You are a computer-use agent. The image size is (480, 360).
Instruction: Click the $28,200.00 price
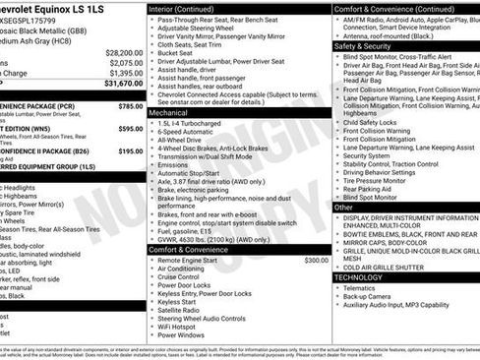tap(124, 52)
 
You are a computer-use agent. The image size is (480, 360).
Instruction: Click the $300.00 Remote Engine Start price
tap(317, 261)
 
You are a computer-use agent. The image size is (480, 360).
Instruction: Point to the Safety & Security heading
tap(363, 45)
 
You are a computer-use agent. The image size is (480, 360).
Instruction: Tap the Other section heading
tap(343, 208)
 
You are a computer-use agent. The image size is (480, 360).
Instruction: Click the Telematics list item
tap(364, 289)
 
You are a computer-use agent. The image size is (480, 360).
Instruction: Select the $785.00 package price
tap(130, 105)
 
